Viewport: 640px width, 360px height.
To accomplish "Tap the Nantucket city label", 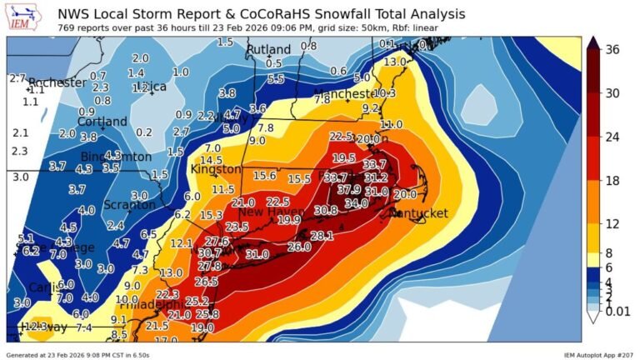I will click(419, 213).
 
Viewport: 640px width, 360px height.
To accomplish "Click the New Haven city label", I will click(268, 212).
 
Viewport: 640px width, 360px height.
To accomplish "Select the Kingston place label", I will click(215, 169).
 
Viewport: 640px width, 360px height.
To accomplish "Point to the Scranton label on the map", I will click(129, 205).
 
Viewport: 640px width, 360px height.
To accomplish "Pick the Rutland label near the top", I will click(267, 51).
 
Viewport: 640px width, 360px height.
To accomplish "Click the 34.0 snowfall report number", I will click(356, 202).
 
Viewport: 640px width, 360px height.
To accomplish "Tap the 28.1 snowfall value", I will click(322, 236).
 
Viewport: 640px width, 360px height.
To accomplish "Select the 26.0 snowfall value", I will click(299, 247).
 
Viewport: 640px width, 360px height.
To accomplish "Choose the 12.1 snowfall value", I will click(182, 243).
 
